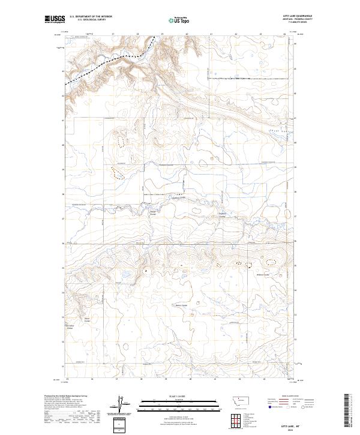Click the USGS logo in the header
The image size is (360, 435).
pos(55,19)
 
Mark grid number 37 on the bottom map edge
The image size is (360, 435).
pos(118,379)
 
